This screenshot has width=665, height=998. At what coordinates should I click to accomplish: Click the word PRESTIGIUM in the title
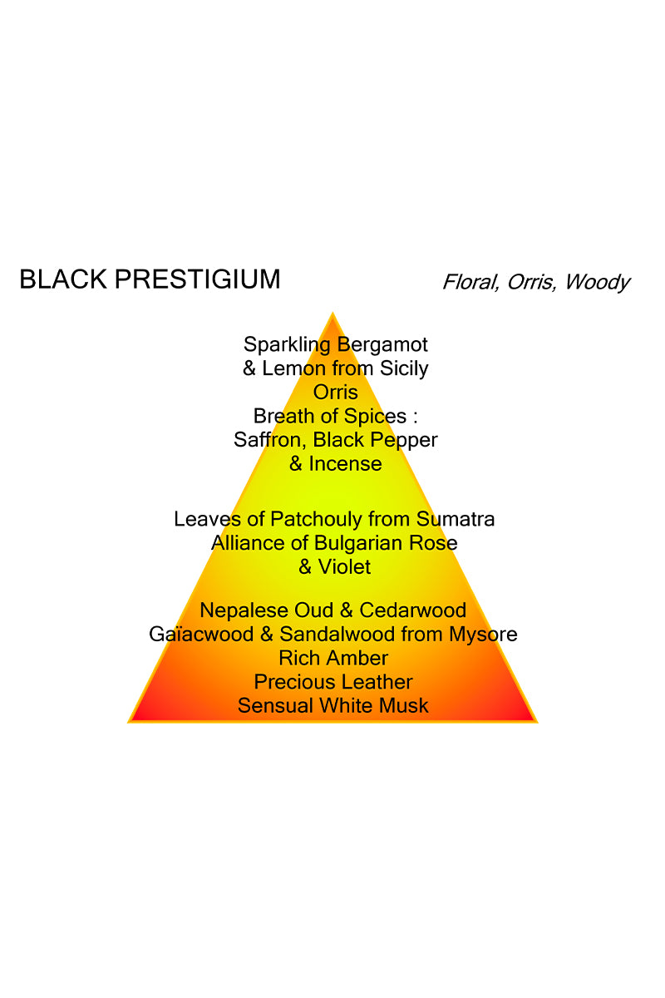(x=197, y=279)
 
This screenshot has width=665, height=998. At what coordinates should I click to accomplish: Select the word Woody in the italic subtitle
(x=597, y=282)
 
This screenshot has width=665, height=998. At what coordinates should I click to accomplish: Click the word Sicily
(x=403, y=368)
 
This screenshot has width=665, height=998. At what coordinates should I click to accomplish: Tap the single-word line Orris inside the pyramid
(x=335, y=392)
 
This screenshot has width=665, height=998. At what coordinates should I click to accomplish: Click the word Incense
(x=346, y=464)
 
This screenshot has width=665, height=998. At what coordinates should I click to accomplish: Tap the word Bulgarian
(x=364, y=543)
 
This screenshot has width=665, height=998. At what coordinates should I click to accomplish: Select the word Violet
(x=346, y=567)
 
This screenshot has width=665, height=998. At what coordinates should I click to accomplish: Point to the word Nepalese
(x=239, y=611)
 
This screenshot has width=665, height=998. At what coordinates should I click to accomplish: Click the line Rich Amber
(x=333, y=659)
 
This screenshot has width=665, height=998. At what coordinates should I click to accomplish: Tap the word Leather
(x=379, y=683)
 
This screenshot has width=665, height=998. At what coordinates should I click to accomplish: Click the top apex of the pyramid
(x=333, y=315)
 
